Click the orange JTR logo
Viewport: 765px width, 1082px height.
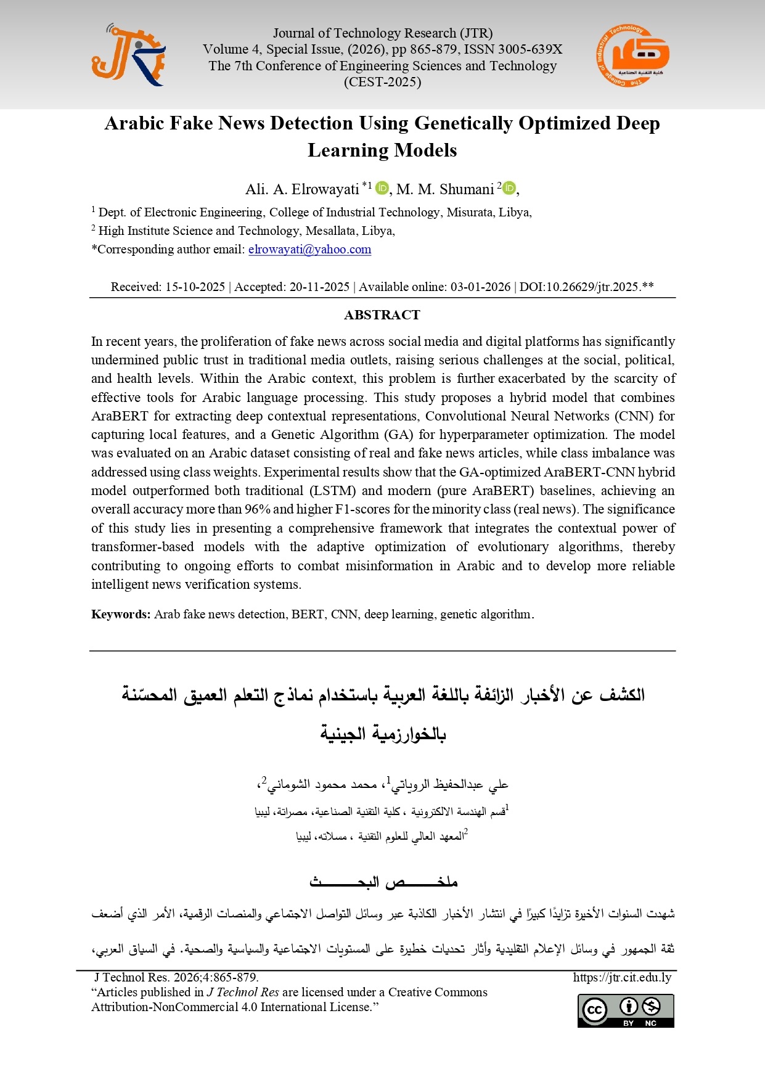click(128, 55)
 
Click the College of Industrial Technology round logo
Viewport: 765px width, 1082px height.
click(632, 55)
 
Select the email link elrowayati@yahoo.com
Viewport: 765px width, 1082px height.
click(309, 250)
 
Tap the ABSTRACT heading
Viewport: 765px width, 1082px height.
click(382, 315)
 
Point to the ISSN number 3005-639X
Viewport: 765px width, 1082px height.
click(530, 49)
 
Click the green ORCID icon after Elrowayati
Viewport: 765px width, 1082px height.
click(382, 187)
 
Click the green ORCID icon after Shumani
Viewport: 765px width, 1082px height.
click(509, 187)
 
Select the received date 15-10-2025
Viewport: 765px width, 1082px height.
click(195, 287)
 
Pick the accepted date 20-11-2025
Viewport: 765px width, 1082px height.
click(319, 287)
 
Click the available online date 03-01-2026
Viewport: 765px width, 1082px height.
click(480, 287)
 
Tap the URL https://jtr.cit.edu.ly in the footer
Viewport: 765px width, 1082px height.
click(622, 977)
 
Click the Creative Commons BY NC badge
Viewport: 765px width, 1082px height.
click(626, 1010)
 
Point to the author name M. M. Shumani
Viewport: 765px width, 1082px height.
click(445, 189)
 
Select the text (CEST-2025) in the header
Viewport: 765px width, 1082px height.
click(382, 82)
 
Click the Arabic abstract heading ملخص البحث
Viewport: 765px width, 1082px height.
click(383, 882)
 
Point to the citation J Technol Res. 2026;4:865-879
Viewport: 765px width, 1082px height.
click(176, 977)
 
